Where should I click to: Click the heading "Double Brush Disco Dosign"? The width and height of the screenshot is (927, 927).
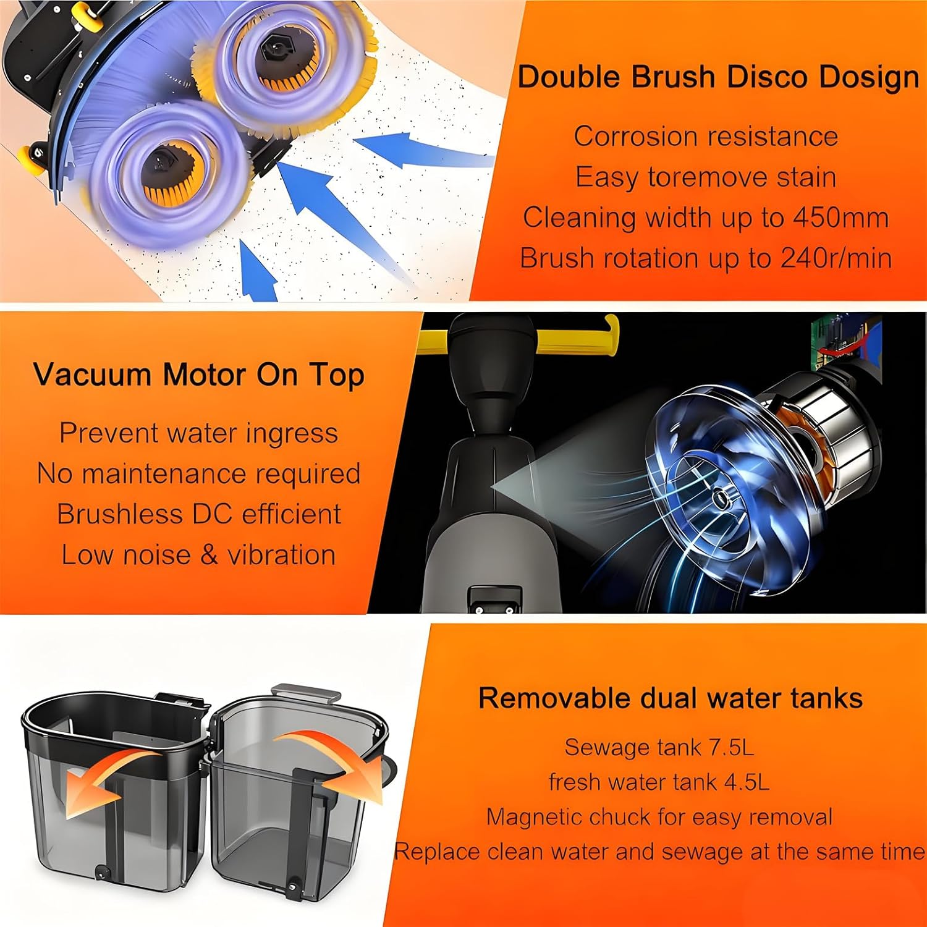tap(718, 78)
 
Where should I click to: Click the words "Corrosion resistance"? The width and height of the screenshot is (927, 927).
tap(706, 137)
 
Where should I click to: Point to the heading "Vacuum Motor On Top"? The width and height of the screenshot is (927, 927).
tap(198, 375)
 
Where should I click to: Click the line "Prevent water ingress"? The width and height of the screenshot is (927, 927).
tap(198, 433)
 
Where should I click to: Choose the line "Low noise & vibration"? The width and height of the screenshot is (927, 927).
tap(198, 555)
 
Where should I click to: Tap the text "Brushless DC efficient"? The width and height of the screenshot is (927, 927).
tap(198, 514)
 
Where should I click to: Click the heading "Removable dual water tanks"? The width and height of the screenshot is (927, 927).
tap(671, 698)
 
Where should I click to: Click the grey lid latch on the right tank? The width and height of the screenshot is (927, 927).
tap(307, 693)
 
